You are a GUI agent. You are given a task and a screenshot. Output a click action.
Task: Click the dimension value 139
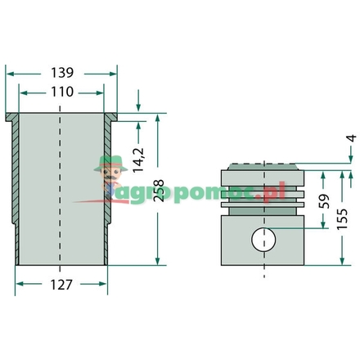[x=62, y=73]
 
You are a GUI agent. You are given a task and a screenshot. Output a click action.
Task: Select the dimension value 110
[x=62, y=92]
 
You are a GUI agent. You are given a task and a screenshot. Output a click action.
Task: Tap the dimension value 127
[x=61, y=285]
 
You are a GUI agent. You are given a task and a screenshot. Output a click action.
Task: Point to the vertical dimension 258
[x=158, y=191]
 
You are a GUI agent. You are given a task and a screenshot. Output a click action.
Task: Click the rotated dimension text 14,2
[x=138, y=160]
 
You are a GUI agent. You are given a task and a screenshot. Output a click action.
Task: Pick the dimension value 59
[x=324, y=201]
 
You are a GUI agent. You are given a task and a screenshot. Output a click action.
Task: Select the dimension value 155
[x=342, y=219]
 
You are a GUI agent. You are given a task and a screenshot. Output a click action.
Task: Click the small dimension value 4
[x=353, y=138]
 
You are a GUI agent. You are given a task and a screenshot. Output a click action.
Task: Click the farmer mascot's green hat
[x=110, y=163]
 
